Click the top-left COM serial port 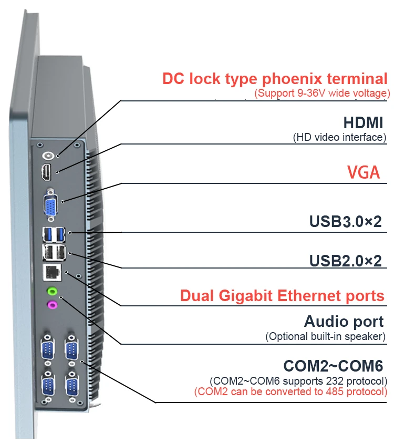point(48,348)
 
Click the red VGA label point(363,172)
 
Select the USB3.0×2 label point(345,221)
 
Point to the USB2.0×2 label point(345,260)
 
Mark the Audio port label point(344,321)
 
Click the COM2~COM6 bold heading point(333,365)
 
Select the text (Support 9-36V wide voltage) point(322,93)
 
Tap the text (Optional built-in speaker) point(326,336)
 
